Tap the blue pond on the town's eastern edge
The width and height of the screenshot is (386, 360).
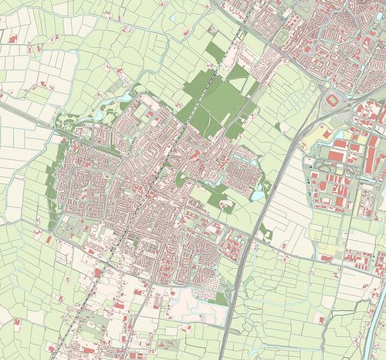tap(257, 195)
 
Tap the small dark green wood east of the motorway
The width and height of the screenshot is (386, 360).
tap(266, 229)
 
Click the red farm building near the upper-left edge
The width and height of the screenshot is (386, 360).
tap(13, 37)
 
